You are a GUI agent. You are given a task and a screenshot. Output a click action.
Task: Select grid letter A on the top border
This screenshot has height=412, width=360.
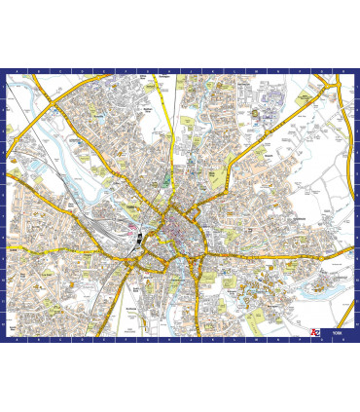(13, 72)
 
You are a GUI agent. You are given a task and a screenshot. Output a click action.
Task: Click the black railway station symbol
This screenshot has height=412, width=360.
(141, 235)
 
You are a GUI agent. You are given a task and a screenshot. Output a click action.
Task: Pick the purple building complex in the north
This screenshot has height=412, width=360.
(257, 110)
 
